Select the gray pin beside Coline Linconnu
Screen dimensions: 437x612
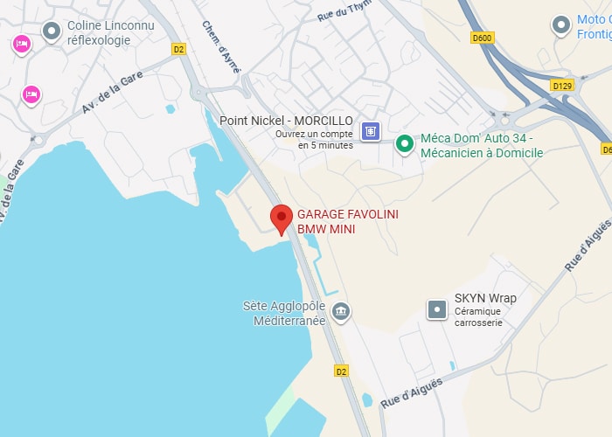(x=52, y=32)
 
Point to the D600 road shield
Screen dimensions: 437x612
(x=482, y=38)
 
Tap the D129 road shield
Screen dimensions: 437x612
(x=561, y=86)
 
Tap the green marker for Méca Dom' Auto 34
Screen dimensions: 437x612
(x=404, y=144)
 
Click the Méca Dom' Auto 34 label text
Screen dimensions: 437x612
(x=482, y=145)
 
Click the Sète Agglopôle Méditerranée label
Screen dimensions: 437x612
(x=283, y=313)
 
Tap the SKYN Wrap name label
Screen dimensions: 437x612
(x=485, y=298)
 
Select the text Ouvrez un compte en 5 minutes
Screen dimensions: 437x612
(x=314, y=140)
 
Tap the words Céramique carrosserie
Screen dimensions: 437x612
(x=478, y=316)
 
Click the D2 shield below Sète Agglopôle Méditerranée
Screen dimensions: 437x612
(x=340, y=371)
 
